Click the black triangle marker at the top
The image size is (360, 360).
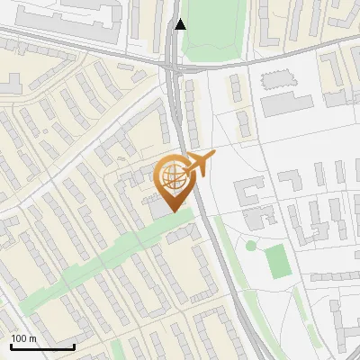coord(181,24)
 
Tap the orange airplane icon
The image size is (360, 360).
coord(197,164)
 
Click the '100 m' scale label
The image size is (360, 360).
coord(23,338)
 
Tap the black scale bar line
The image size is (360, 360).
coord(42,346)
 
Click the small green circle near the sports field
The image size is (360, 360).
coord(251,245)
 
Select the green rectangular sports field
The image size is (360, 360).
coord(278,260)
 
